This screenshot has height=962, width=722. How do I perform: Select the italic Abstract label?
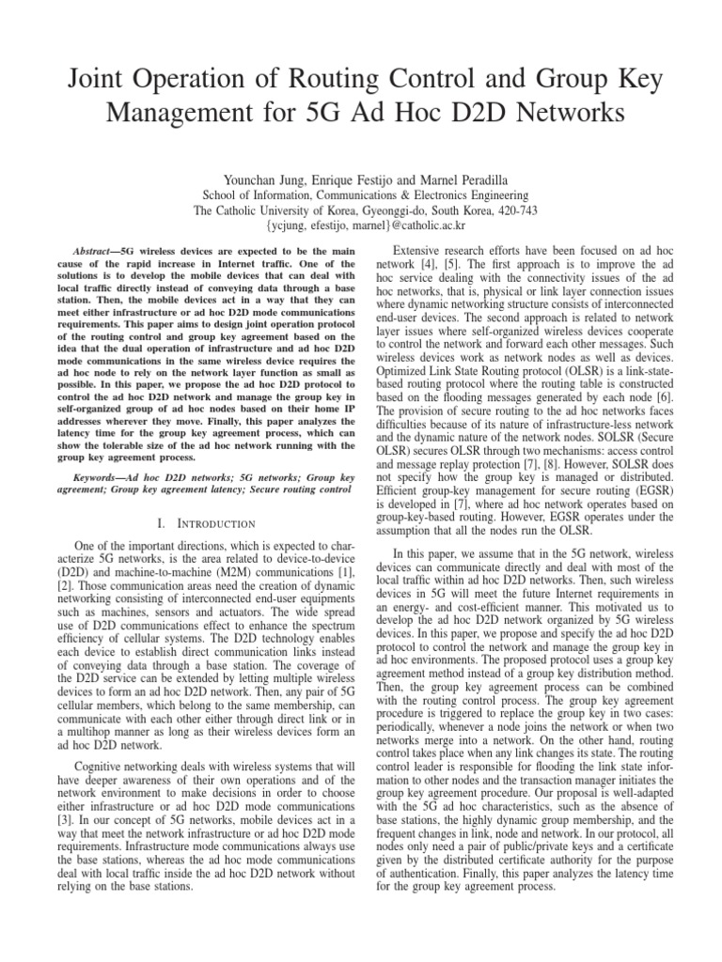[x=95, y=252]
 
